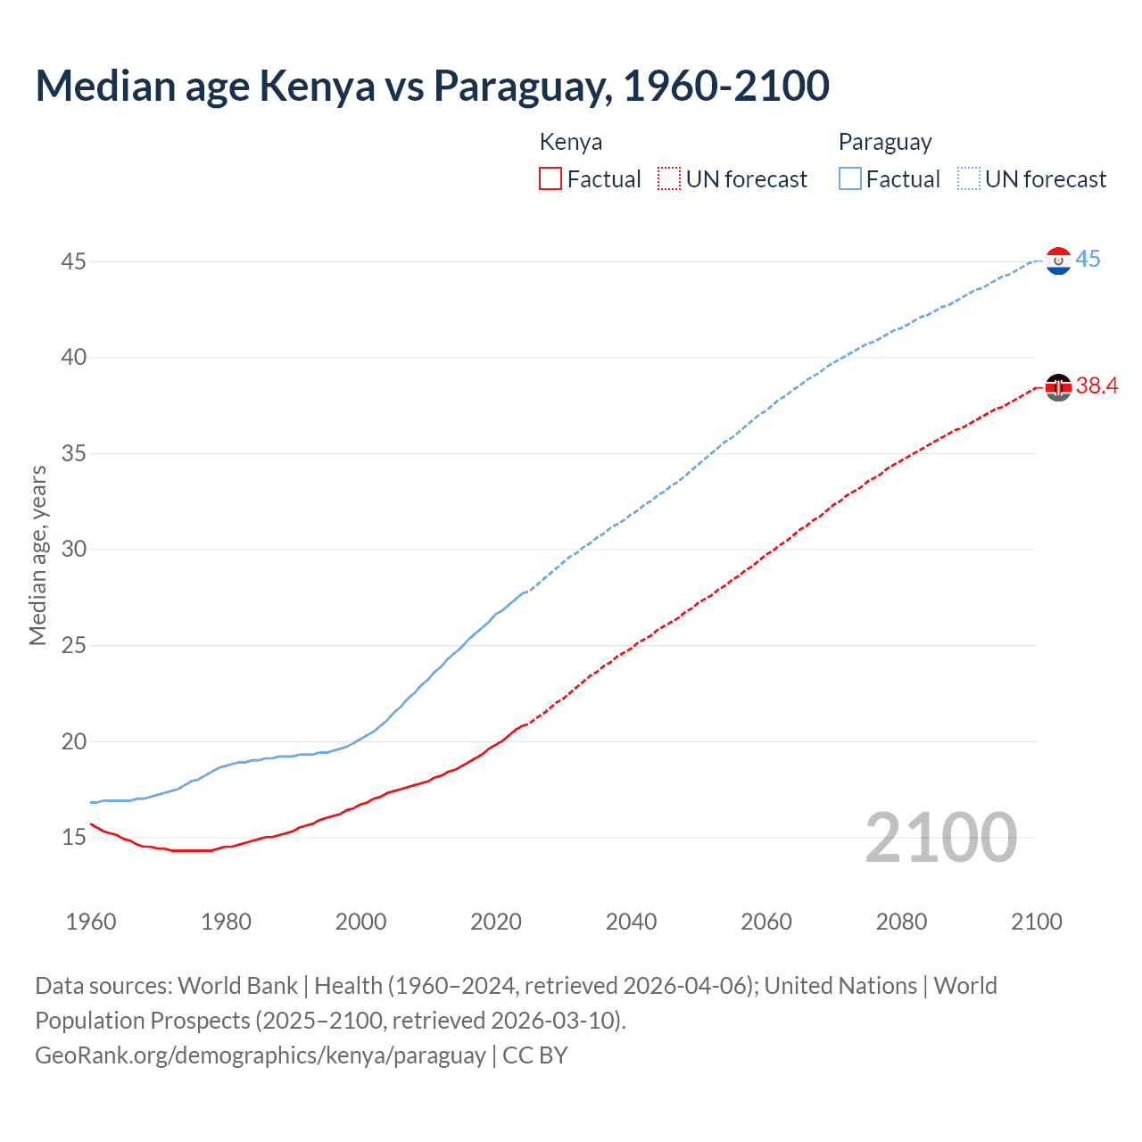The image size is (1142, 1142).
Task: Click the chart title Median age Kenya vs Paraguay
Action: click(433, 86)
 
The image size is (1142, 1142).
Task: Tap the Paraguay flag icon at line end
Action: click(1058, 261)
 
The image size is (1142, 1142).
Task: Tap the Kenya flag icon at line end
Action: click(1058, 387)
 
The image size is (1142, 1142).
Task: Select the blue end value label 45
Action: click(1088, 260)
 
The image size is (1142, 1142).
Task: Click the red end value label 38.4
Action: click(1096, 386)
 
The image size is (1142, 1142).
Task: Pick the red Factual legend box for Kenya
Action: click(550, 179)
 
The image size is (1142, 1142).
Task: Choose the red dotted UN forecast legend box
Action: click(669, 179)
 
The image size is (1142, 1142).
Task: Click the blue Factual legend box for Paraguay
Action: click(850, 179)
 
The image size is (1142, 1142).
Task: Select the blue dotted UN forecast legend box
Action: click(969, 179)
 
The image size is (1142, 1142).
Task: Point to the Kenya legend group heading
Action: click(571, 143)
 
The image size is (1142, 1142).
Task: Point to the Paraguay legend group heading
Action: click(885, 143)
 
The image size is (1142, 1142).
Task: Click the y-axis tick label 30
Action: click(74, 550)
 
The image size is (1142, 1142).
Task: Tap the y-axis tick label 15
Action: click(74, 838)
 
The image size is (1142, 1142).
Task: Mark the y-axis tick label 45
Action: click(74, 262)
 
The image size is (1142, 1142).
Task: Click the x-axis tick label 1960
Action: click(91, 922)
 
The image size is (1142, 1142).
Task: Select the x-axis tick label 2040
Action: click(631, 922)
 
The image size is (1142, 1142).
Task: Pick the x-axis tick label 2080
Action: click(901, 922)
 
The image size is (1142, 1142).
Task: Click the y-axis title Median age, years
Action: click(37, 555)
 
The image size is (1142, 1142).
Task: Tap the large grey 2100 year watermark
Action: click(940, 838)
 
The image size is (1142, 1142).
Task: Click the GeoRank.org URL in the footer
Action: click(261, 1055)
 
